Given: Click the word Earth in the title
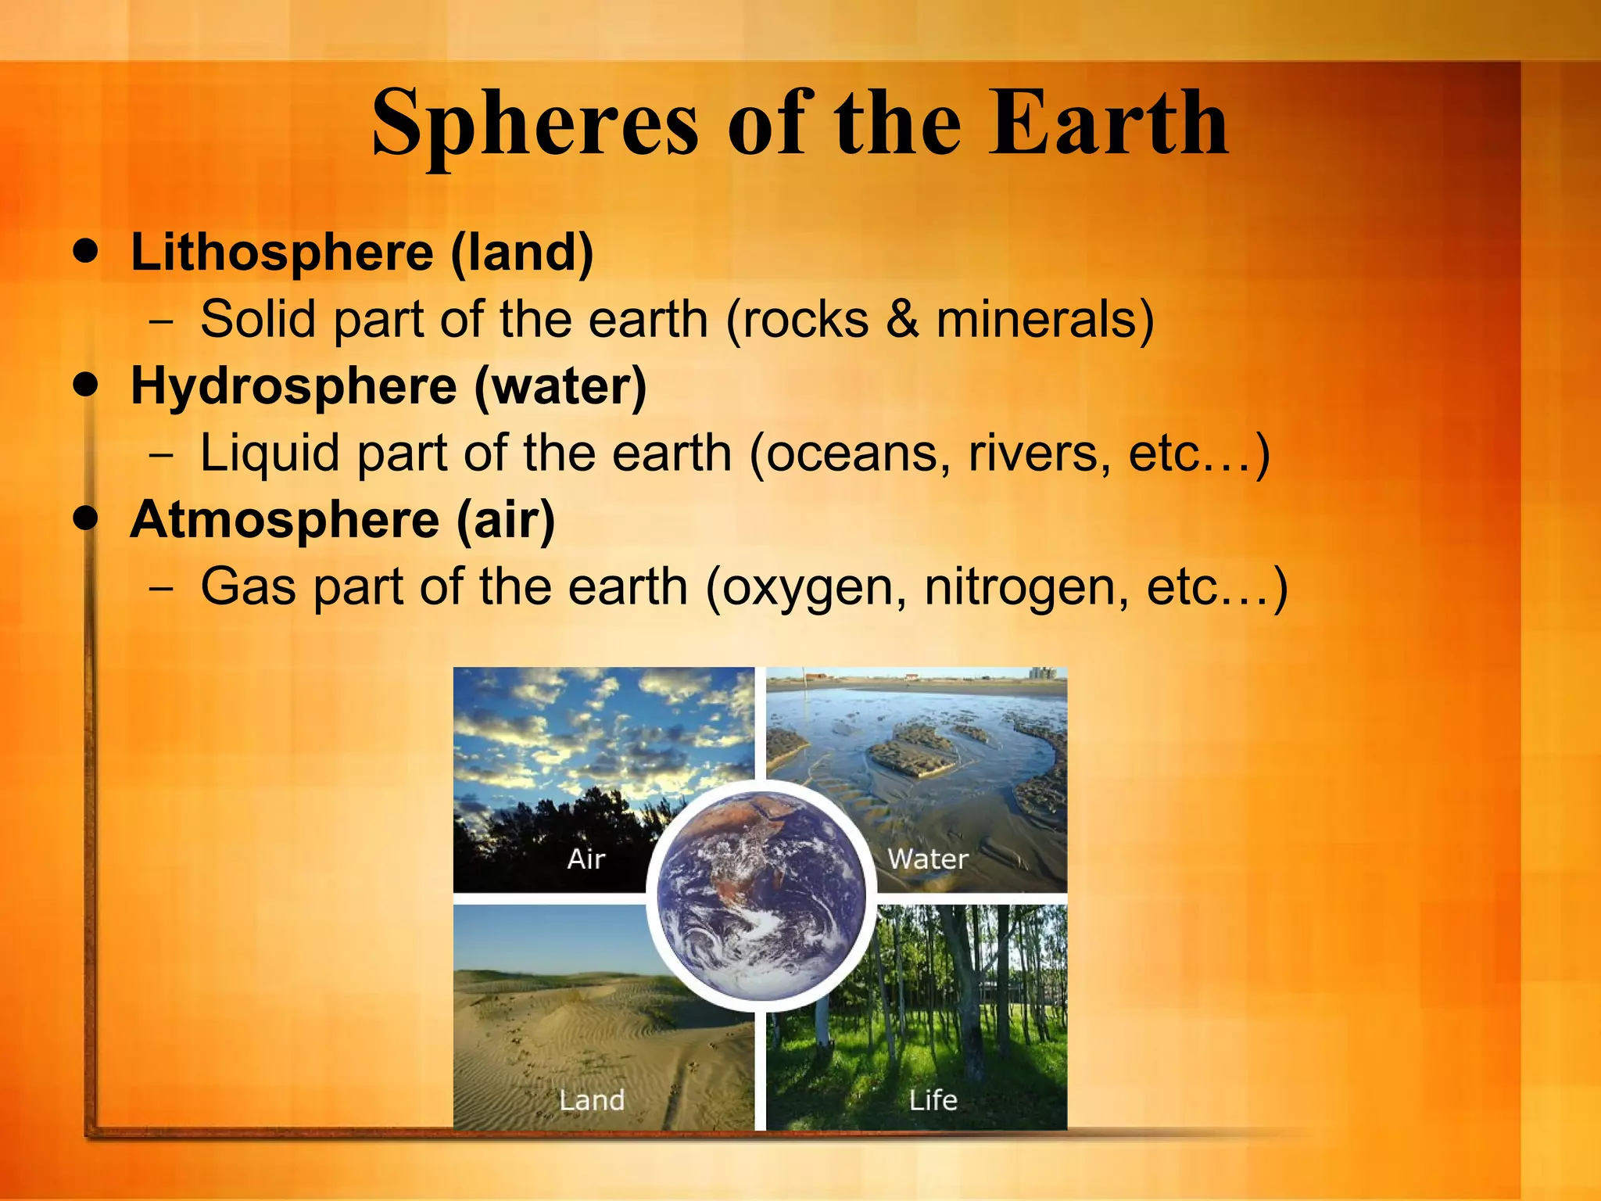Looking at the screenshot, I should pyautogui.click(x=1109, y=124).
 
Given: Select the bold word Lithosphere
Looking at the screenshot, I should pyautogui.click(x=281, y=253).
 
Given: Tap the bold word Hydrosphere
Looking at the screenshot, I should pyautogui.click(x=293, y=387).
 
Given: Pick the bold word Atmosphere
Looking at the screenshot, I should pyautogui.click(x=285, y=520).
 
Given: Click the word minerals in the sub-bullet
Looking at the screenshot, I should pyautogui.click(x=1044, y=320).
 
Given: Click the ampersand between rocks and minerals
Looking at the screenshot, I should pyautogui.click(x=902, y=320).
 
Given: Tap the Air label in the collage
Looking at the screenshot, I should pyautogui.click(x=586, y=859).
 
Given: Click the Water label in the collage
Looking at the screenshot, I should pyautogui.click(x=928, y=859).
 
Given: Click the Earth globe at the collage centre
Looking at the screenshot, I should pyautogui.click(x=761, y=894).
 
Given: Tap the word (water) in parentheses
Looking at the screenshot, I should pyautogui.click(x=561, y=387).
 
